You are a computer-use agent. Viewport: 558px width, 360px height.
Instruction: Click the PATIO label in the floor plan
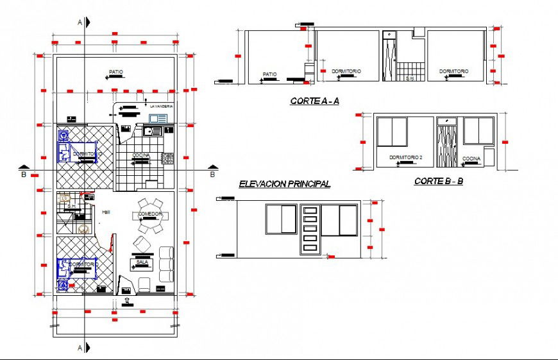pos(115,72)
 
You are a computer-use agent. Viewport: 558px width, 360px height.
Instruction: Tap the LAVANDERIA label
pos(161,106)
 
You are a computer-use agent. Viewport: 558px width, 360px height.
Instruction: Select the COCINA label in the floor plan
pos(141,156)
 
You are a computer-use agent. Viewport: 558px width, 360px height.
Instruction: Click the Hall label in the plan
pos(105,211)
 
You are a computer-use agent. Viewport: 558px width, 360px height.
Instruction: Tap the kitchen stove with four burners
pos(168,157)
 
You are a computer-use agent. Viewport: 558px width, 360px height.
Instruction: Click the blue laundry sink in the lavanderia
pos(158,119)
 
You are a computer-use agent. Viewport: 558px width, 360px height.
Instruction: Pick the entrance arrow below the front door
pos(127,299)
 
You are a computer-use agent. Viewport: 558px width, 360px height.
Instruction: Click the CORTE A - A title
pos(314,101)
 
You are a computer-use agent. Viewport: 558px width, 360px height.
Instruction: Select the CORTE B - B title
pos(439,182)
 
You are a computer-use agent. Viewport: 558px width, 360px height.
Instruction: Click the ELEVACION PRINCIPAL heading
pos(284,184)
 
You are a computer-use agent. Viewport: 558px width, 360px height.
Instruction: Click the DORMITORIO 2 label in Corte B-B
pos(405,157)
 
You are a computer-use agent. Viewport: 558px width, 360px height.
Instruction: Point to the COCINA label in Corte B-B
pos(471,158)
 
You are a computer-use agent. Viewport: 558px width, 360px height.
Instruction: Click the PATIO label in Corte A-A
pos(269,74)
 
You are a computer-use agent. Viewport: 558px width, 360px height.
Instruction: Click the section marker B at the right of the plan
pos(212,171)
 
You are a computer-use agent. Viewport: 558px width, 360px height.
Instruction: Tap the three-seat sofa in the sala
pos(166,264)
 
